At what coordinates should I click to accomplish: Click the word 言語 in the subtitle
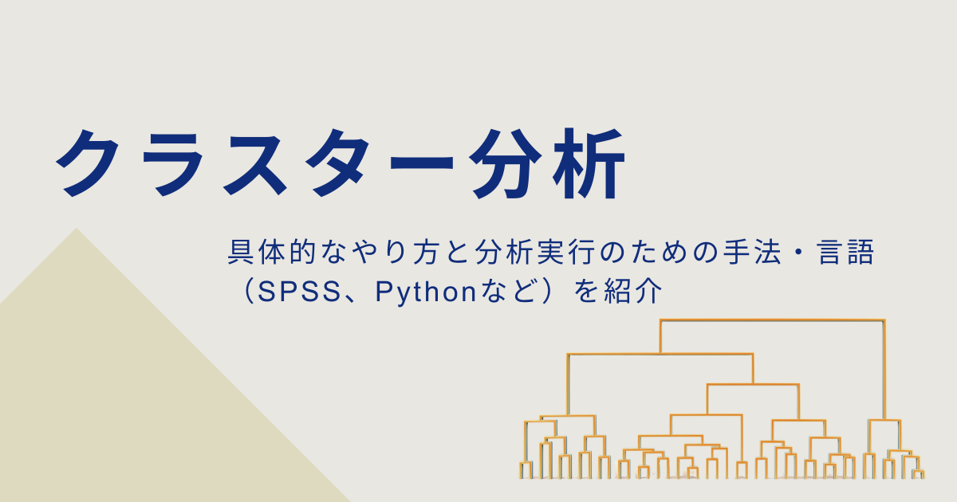coord(851,255)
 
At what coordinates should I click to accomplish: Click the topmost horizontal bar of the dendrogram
coord(772,320)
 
